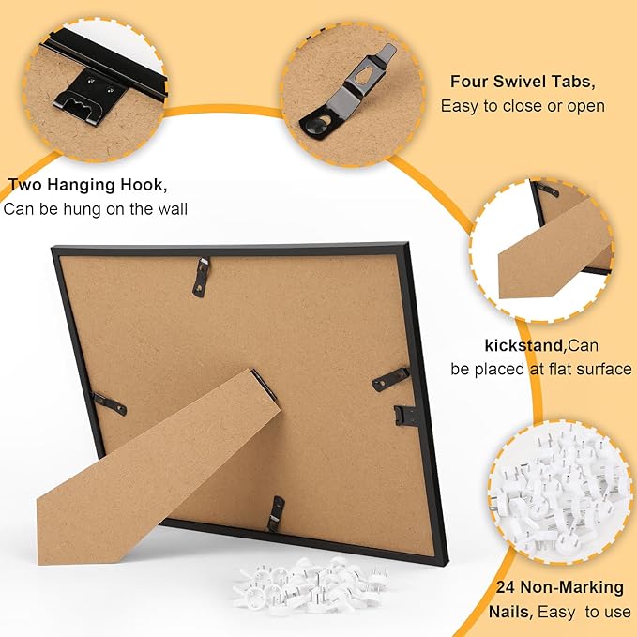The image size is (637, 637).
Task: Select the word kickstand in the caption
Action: [523, 346]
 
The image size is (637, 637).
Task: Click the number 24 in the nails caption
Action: [506, 587]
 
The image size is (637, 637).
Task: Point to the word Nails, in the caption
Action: [510, 612]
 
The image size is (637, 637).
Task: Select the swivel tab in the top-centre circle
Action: [348, 93]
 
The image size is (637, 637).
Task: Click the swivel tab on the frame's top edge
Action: [202, 277]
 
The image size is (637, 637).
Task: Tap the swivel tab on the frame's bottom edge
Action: [276, 513]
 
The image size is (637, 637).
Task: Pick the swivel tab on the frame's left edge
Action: [110, 403]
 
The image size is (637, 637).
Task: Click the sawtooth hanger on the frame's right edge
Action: [405, 415]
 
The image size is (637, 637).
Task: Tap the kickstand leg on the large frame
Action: [159, 467]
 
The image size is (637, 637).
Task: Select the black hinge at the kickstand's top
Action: [264, 384]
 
